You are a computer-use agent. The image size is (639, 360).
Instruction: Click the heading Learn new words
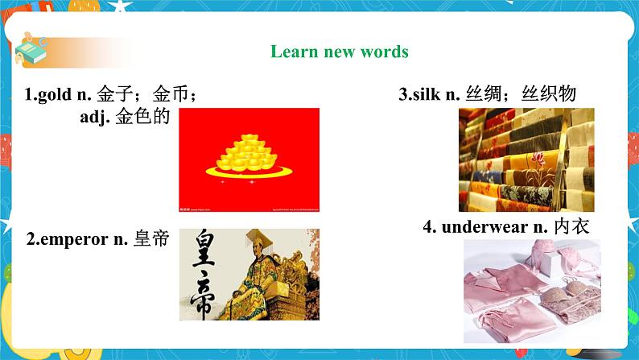coord(339,52)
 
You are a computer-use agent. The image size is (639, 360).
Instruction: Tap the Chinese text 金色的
coord(142,118)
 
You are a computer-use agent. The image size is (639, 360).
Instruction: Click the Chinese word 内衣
coord(572,227)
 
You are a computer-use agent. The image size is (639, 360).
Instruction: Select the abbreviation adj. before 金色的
coord(91,118)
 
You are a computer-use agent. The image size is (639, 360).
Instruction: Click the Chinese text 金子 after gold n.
coord(112,95)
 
